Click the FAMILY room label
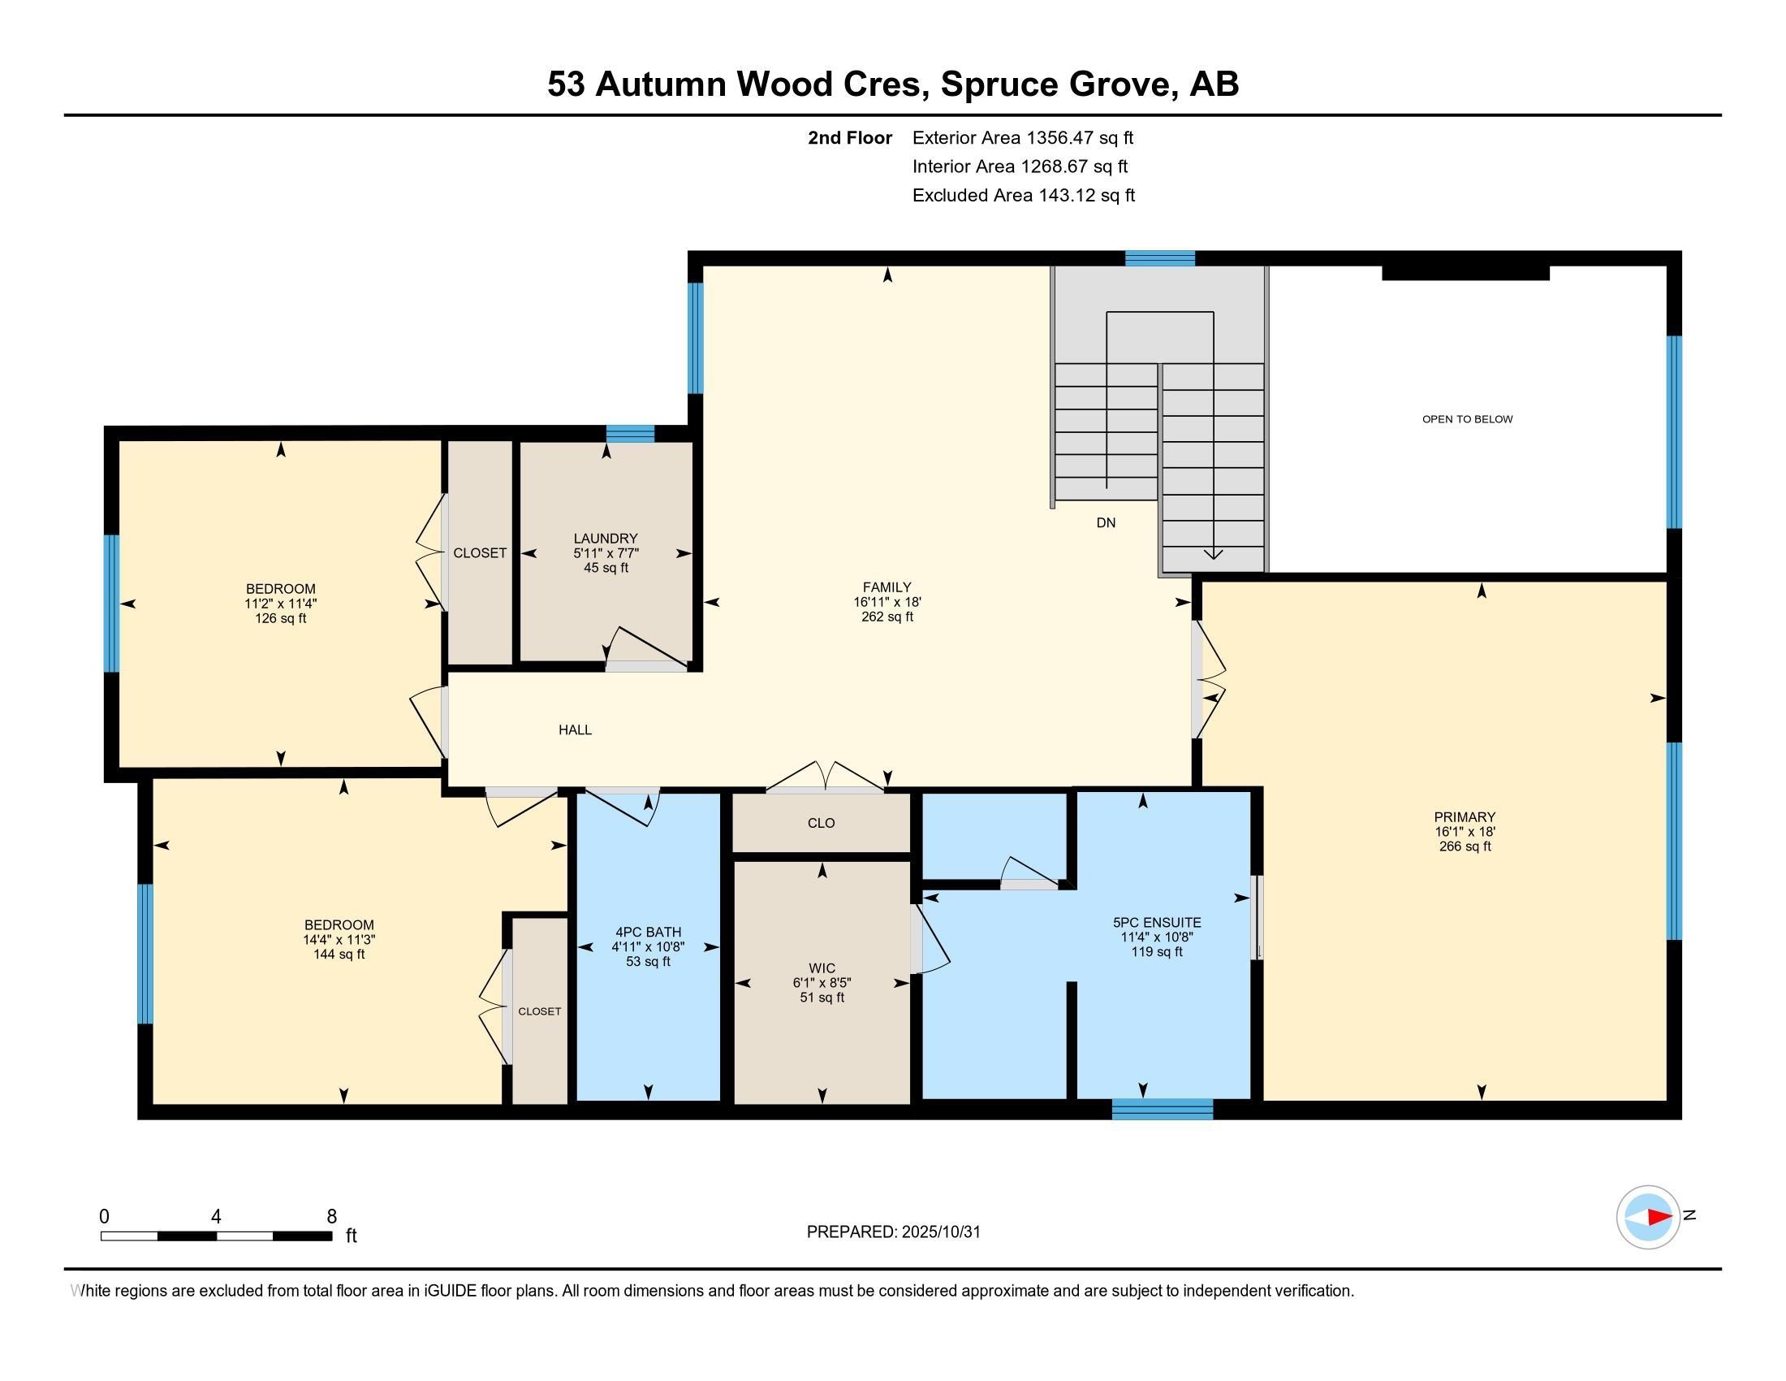(x=887, y=587)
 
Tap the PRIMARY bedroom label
(x=1464, y=816)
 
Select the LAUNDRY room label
(x=605, y=539)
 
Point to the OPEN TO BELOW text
(x=1467, y=419)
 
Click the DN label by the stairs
(x=1106, y=523)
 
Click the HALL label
(x=575, y=729)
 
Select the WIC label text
(x=822, y=968)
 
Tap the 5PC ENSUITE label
(x=1156, y=922)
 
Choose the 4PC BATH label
(x=648, y=932)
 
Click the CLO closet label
(x=821, y=823)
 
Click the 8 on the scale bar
(x=331, y=1216)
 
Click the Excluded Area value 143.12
(x=1068, y=196)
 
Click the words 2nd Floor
(x=850, y=137)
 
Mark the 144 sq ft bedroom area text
(x=339, y=954)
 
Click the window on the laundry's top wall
(x=630, y=434)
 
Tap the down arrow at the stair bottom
(x=1214, y=554)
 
